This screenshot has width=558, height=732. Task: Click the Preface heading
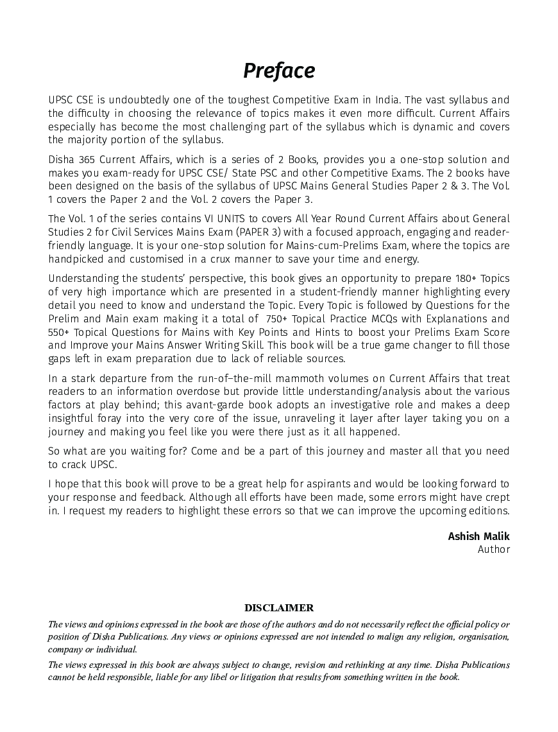coord(279,71)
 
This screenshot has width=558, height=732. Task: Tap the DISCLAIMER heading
coord(279,607)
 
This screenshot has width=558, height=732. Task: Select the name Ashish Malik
coord(478,536)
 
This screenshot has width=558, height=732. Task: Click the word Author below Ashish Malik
coord(494,549)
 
